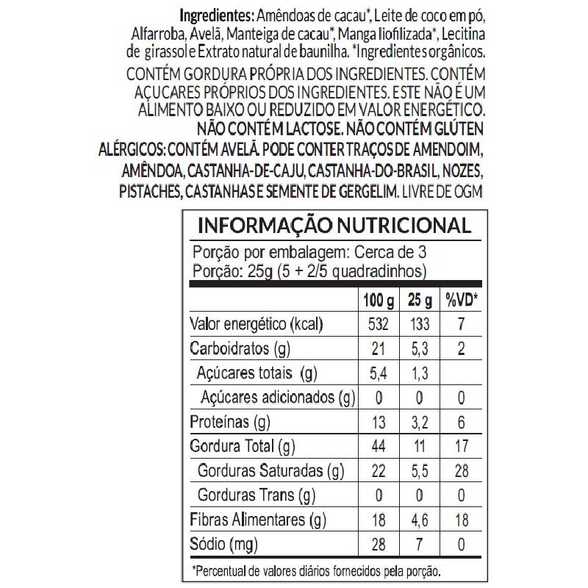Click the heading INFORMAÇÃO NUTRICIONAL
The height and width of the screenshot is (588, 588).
click(x=334, y=225)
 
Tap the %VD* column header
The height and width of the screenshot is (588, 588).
click(x=462, y=301)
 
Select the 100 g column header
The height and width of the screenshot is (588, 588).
click(x=379, y=301)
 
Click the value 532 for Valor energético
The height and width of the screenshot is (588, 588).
click(x=378, y=324)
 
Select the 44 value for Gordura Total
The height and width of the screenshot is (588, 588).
click(x=378, y=446)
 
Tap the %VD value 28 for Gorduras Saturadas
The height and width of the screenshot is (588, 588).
click(x=462, y=470)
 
